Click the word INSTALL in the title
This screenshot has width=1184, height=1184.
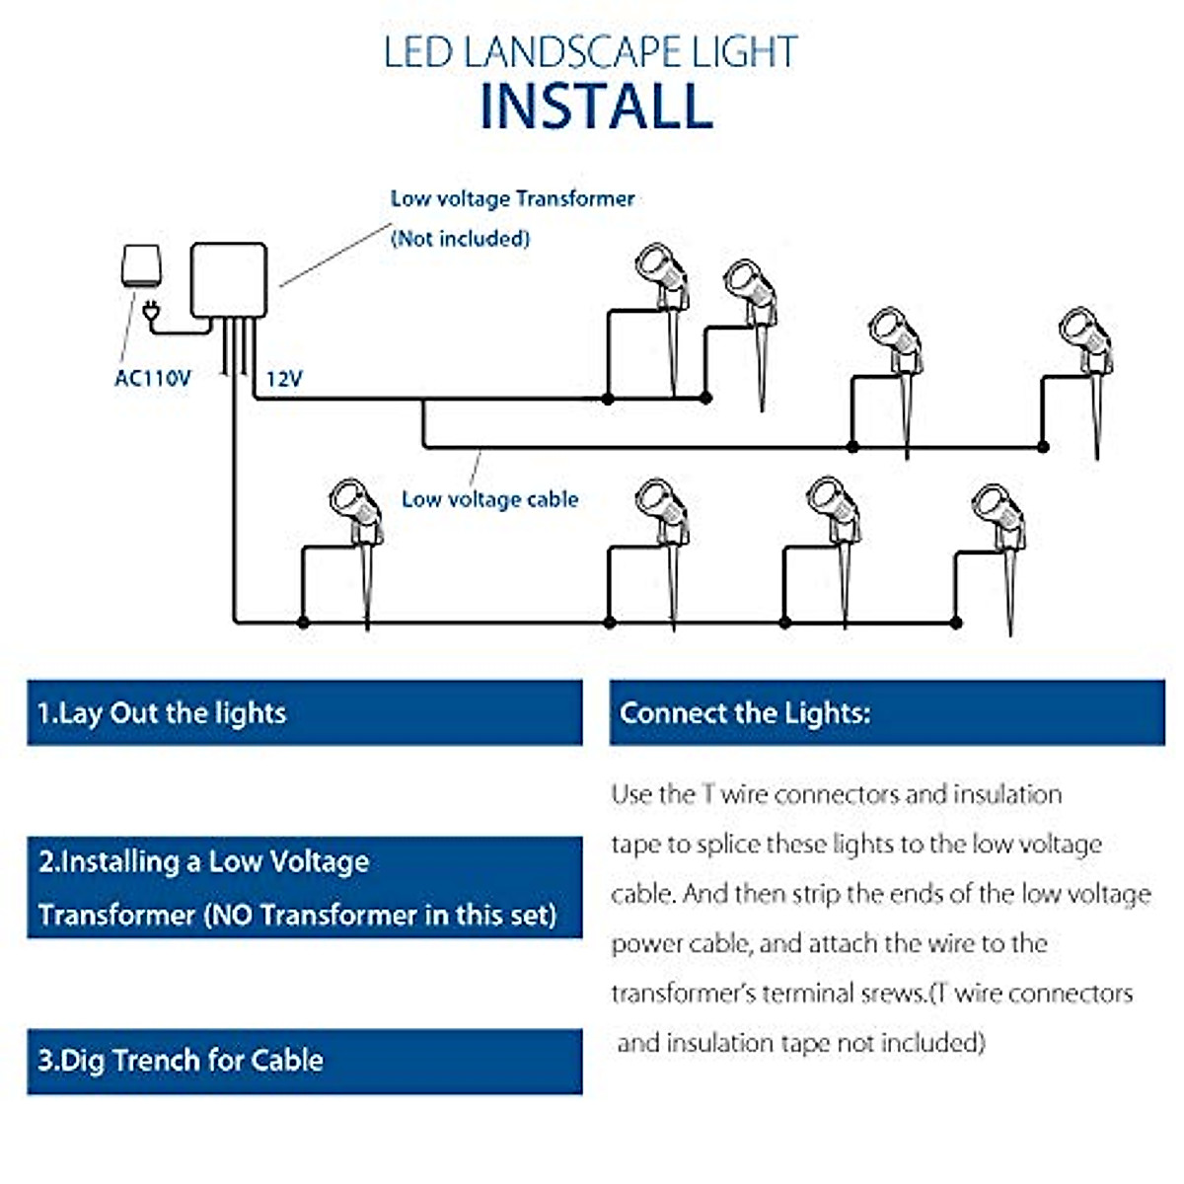click(x=596, y=106)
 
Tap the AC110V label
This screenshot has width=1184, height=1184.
click(x=152, y=378)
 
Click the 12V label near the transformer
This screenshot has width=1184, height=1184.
click(x=284, y=379)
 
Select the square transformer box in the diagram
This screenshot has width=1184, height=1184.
click(x=229, y=280)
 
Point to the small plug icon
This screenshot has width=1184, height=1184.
click(x=151, y=311)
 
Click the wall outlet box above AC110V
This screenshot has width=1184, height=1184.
click(x=141, y=266)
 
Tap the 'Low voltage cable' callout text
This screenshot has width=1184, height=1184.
click(x=489, y=499)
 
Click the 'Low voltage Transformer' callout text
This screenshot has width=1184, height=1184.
click(x=512, y=198)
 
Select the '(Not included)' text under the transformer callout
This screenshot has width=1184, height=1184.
click(x=460, y=239)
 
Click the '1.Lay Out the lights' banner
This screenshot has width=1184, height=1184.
click(x=305, y=712)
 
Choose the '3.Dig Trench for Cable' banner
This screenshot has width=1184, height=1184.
click(x=305, y=1061)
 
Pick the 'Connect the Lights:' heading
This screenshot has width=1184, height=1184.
click(x=745, y=712)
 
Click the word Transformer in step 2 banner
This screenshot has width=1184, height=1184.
click(x=116, y=915)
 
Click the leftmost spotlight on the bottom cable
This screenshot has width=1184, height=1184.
click(x=356, y=553)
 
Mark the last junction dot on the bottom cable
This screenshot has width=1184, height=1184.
click(x=956, y=623)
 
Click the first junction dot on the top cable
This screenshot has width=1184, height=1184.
click(x=608, y=399)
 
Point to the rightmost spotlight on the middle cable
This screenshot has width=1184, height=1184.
click(x=1086, y=382)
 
